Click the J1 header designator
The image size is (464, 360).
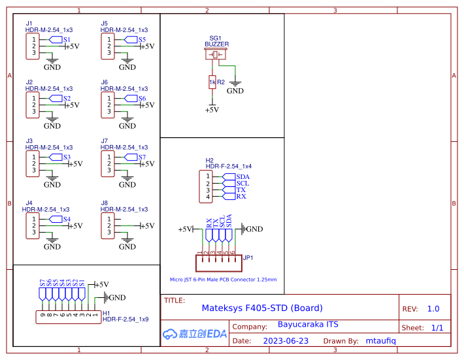pos(29,24)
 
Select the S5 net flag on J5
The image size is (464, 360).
pos(140,40)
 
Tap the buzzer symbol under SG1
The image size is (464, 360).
pos(216,55)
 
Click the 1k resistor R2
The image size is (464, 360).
pos(212,82)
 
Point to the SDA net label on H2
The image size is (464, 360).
pos(242,176)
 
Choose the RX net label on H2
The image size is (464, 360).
pos(241,197)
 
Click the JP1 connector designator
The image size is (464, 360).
pos(248,258)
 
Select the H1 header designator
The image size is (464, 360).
pos(107,313)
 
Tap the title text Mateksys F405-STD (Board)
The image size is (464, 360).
pos(262,308)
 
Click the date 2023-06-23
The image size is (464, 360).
pos(286,341)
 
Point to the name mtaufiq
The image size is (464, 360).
pos(382,341)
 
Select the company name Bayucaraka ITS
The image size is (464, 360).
pos(308,325)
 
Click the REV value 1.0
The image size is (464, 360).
pos(433,309)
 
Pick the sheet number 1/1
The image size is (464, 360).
pos(437,328)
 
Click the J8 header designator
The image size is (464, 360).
pos(105,203)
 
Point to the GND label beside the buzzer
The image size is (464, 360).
pos(235,91)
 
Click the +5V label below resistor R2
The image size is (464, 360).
pos(212,110)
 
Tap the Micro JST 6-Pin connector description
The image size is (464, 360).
pos(223,280)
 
